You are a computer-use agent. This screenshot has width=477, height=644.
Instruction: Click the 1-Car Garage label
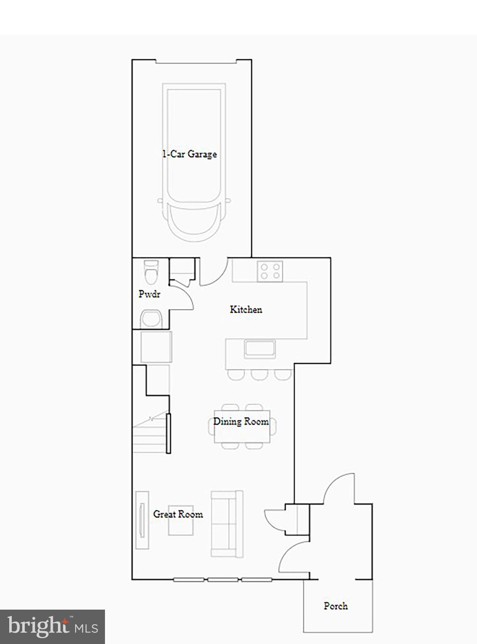(x=190, y=154)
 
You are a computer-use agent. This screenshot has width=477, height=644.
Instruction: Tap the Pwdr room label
(x=149, y=294)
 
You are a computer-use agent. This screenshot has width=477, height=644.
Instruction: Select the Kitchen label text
(x=246, y=310)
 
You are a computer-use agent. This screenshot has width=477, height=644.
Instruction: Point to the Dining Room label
(x=241, y=422)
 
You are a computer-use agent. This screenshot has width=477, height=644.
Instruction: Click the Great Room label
(x=178, y=514)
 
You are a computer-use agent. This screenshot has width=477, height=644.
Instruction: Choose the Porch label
(x=335, y=606)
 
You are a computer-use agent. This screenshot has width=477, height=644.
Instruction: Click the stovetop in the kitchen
(x=270, y=271)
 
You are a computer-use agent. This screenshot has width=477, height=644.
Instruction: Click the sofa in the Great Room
(x=227, y=524)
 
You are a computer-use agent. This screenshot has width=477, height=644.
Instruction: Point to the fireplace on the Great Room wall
(x=142, y=520)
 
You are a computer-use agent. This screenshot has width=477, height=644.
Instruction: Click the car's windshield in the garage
(x=194, y=218)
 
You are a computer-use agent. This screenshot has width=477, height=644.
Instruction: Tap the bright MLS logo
(x=52, y=626)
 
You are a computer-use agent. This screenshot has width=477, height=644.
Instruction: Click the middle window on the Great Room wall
(x=223, y=580)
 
